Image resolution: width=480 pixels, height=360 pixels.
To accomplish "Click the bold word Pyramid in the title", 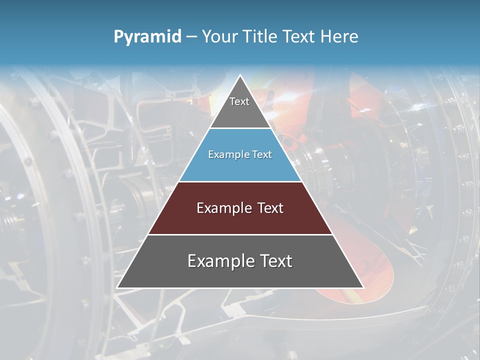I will click(x=147, y=37).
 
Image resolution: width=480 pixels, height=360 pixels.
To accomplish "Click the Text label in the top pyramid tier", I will click(x=239, y=101).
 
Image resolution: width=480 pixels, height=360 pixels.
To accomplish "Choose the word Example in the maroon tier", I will click(x=222, y=208).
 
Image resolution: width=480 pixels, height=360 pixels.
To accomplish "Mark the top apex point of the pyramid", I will click(x=240, y=75).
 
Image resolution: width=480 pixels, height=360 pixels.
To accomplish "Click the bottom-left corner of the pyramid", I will click(x=117, y=288).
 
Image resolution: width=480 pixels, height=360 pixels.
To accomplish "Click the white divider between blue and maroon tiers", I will click(x=240, y=181).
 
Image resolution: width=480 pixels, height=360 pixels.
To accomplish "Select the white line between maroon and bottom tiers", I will click(x=240, y=234).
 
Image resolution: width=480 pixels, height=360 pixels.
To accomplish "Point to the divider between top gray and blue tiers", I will click(x=240, y=128).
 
